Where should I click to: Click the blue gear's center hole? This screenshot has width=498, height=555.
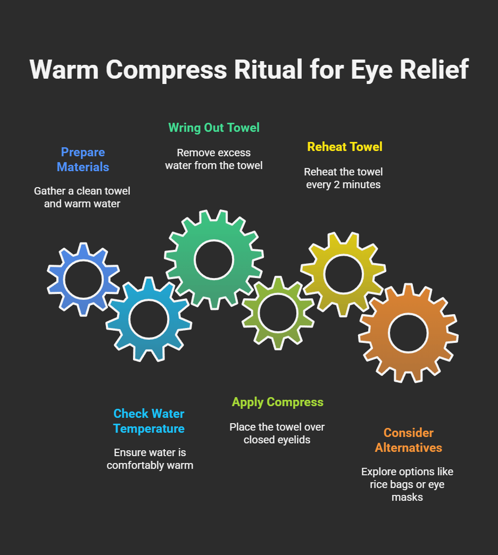[83, 280]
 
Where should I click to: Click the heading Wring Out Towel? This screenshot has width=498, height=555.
[214, 128]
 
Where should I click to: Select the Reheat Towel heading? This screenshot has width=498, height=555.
[345, 147]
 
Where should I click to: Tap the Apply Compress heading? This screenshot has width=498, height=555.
[277, 402]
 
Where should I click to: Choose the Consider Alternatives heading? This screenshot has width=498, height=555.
[408, 440]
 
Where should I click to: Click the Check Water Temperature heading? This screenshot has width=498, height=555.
[149, 421]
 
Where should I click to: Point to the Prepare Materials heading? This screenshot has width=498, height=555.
[83, 159]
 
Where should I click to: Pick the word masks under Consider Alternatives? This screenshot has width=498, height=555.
[407, 498]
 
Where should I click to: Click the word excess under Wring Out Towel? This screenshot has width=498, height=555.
[234, 153]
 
